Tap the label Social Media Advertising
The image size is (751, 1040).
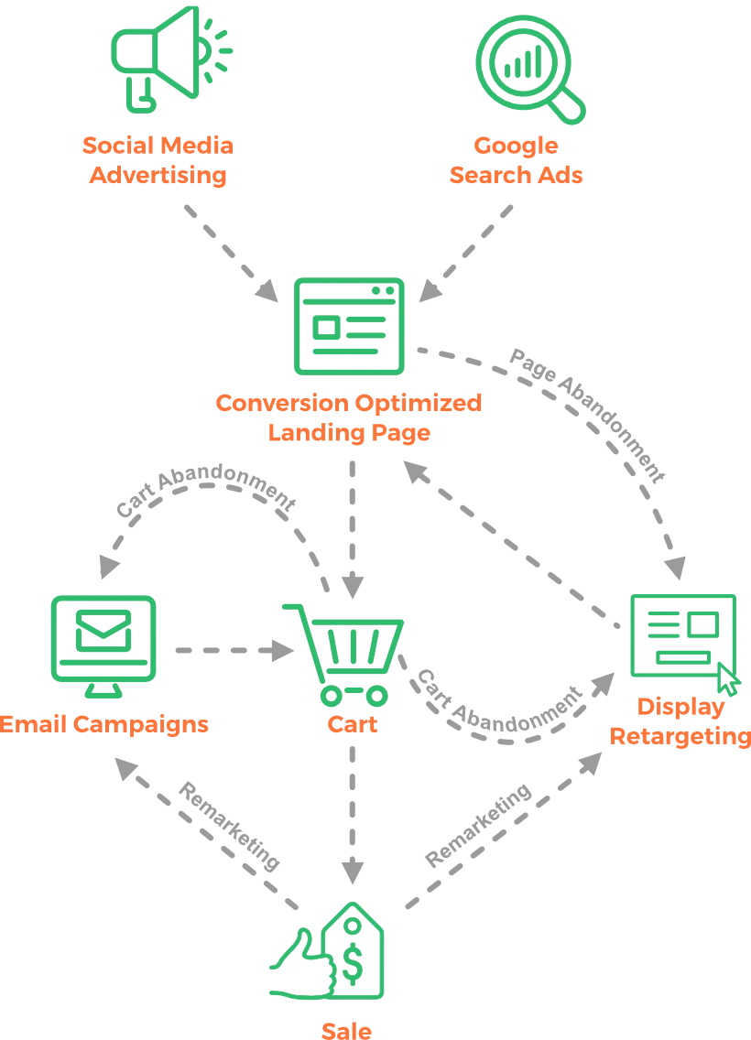(x=158, y=161)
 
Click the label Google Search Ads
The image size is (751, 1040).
(x=517, y=161)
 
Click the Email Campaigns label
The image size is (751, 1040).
(x=104, y=724)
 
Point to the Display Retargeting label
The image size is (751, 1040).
(x=680, y=721)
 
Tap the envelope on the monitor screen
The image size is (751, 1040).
(x=103, y=631)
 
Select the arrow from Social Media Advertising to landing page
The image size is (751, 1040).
(x=229, y=247)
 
